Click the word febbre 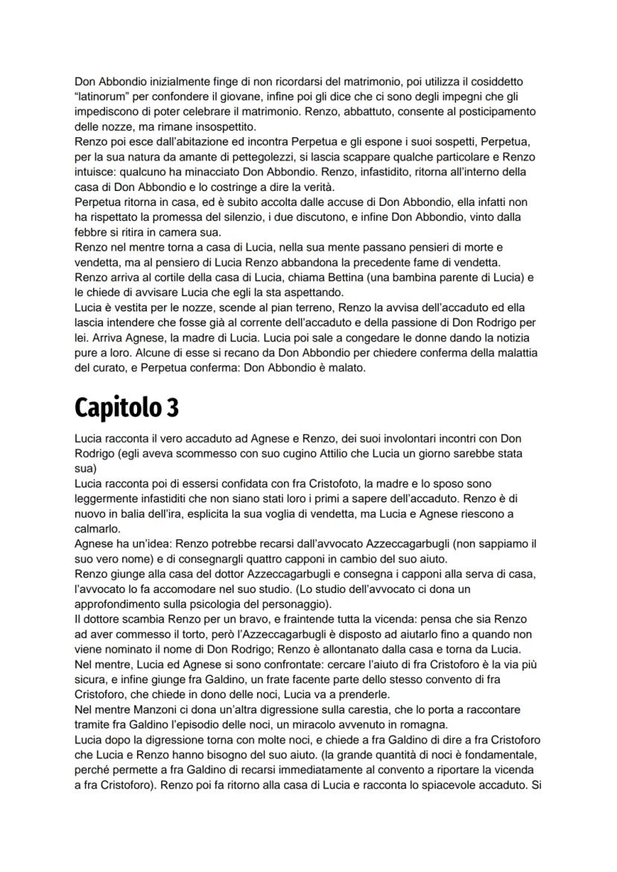coord(90,232)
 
